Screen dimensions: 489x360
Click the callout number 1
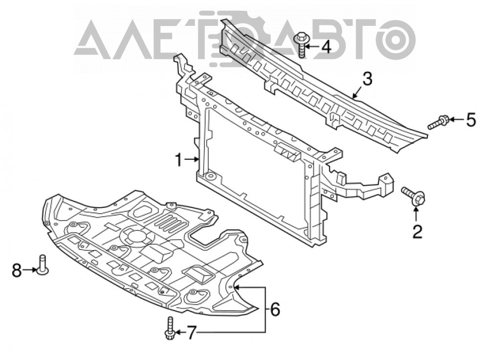pyautogui.click(x=178, y=160)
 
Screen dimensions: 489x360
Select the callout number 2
pyautogui.click(x=417, y=232)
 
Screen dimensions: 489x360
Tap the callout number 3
pyautogui.click(x=367, y=79)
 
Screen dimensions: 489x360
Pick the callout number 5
pyautogui.click(x=471, y=120)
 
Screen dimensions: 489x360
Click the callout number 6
pyautogui.click(x=275, y=309)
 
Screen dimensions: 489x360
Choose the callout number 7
pyautogui.click(x=191, y=333)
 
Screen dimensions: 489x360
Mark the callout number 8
pyautogui.click(x=17, y=270)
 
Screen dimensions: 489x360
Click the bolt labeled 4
pyautogui.click(x=301, y=45)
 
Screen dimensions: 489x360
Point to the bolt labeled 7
pyautogui.click(x=170, y=328)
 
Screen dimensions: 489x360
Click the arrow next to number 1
pyautogui.click(x=192, y=160)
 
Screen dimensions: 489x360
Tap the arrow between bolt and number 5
pyautogui.click(x=457, y=119)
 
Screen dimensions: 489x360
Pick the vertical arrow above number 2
pyautogui.click(x=416, y=215)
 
